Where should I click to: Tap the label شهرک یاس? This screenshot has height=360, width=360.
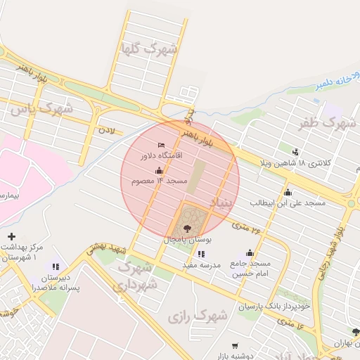pos(41,108)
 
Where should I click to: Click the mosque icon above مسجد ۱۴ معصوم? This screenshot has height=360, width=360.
pos(159,171)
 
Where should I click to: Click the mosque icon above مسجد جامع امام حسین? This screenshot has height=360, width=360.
pos(250,253)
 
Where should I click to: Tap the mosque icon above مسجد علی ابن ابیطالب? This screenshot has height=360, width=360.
pos(288,192)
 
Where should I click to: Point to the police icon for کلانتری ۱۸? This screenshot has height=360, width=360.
pos(295,152)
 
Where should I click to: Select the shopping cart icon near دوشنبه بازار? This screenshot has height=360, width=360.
pos(235,345)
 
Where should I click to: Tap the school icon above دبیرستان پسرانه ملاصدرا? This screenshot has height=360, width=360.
pos(56,266)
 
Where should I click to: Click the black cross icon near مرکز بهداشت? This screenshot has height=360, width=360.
pos(11,236)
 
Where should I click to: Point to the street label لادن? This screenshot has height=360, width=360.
pos(106,130)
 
